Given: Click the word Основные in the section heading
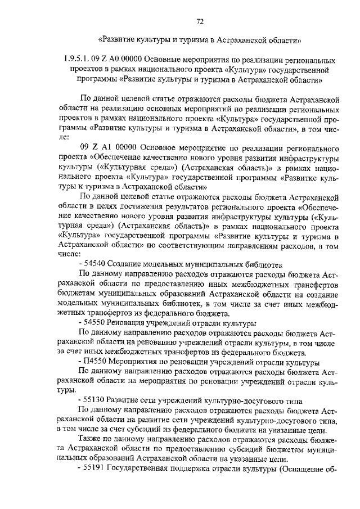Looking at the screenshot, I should click(171, 60).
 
